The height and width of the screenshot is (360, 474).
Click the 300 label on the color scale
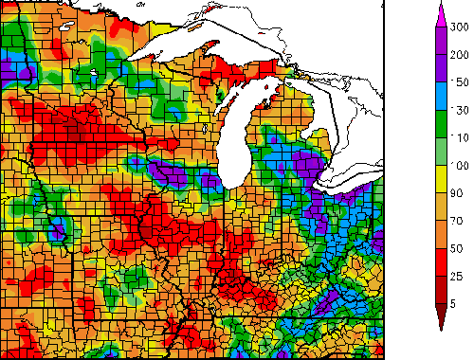coord(461,28)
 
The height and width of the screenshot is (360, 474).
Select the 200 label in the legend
coord(461,56)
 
